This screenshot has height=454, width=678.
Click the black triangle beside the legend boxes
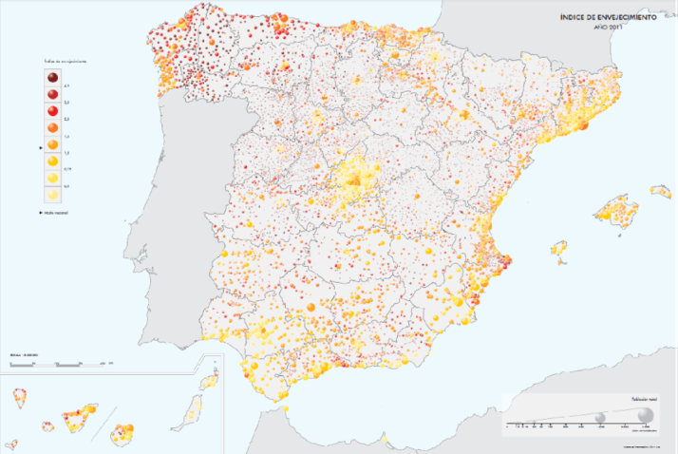(x=39, y=147)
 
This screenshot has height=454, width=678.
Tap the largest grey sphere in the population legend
(x=646, y=415)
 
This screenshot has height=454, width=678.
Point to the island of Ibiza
(x=560, y=249)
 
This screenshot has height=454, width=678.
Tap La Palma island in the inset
(x=16, y=396)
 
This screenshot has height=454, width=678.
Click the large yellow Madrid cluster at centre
(x=356, y=177)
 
